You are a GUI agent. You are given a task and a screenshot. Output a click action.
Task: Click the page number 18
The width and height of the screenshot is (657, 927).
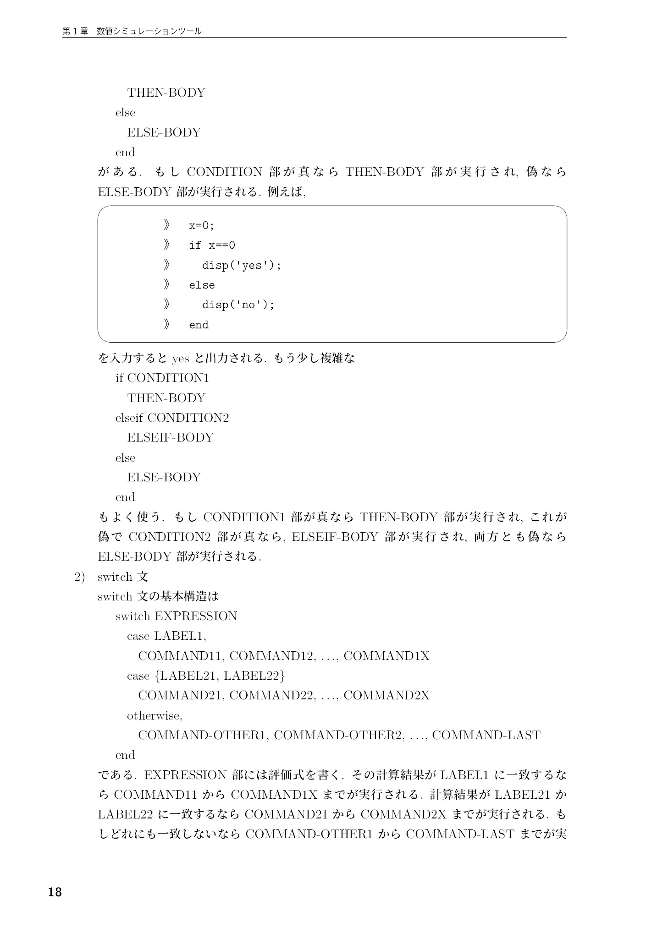click(55, 892)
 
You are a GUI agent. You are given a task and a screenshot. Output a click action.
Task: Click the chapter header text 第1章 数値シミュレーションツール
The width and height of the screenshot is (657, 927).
click(132, 31)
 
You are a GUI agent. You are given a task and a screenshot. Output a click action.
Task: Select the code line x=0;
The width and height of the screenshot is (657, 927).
click(201, 225)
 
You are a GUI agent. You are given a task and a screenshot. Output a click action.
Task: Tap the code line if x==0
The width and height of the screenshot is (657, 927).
click(212, 245)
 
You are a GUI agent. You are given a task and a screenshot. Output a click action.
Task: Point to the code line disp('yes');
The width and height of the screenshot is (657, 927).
click(241, 265)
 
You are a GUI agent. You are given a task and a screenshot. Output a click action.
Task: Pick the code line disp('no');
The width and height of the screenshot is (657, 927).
click(238, 305)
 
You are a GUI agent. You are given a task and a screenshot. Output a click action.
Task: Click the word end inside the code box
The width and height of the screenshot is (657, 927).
click(199, 325)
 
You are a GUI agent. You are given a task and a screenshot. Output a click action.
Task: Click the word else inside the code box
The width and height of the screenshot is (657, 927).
click(202, 285)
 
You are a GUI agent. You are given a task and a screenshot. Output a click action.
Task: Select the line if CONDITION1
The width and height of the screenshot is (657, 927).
click(162, 378)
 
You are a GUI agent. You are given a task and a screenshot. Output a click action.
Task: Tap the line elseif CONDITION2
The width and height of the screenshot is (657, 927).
click(172, 418)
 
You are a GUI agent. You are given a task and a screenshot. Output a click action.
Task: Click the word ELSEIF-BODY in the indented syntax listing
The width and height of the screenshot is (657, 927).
click(170, 437)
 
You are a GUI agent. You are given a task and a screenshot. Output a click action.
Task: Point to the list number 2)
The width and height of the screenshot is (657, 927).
click(80, 577)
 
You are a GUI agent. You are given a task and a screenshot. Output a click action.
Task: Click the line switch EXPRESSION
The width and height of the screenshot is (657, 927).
click(176, 616)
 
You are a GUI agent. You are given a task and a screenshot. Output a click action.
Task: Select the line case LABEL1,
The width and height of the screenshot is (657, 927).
click(166, 636)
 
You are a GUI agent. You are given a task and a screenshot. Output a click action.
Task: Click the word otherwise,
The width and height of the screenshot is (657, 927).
click(155, 715)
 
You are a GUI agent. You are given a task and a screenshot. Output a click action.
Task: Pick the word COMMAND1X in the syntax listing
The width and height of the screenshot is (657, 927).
click(386, 656)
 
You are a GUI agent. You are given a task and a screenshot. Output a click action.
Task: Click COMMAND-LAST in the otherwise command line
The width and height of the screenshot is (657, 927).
click(486, 736)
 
